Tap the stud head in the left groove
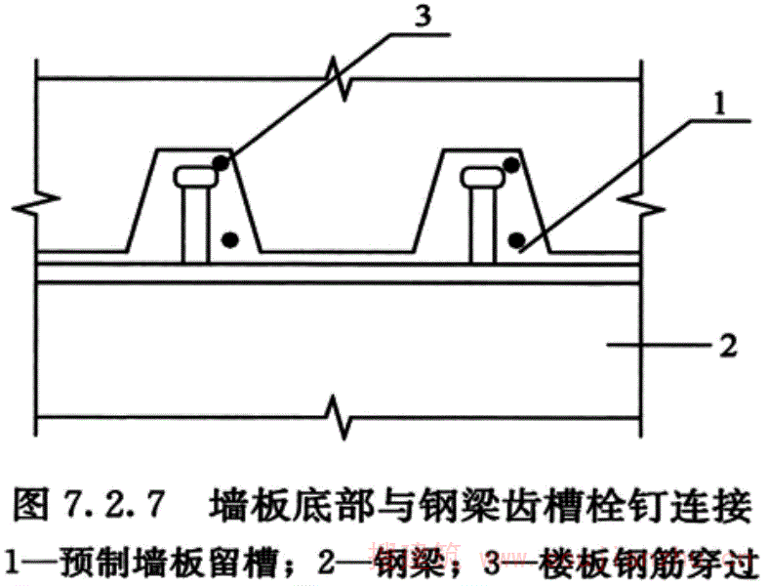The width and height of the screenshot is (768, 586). click(x=197, y=177)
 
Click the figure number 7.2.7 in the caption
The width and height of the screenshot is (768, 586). click(x=106, y=508)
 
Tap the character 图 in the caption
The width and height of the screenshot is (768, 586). click(x=33, y=508)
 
